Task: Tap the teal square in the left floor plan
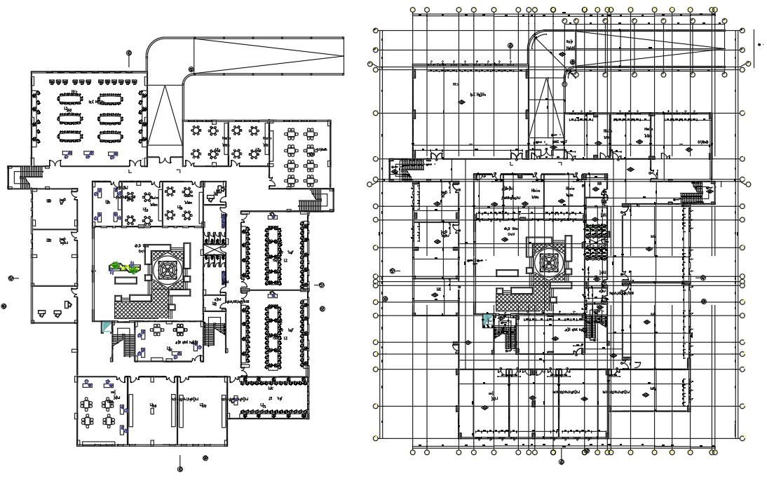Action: [105, 326]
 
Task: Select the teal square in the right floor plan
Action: [486, 320]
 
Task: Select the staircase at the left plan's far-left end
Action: [19, 176]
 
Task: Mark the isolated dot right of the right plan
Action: [761, 44]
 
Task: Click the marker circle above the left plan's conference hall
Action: [129, 53]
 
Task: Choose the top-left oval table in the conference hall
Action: [69, 96]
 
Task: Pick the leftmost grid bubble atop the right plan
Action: [413, 10]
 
